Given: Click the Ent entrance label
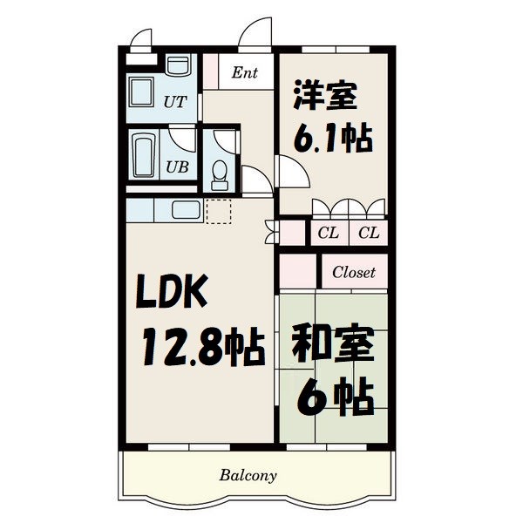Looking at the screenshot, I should [x=244, y=73].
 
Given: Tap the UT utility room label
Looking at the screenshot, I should [x=174, y=102].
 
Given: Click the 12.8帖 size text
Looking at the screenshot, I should [x=203, y=347].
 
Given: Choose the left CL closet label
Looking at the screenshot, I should [x=328, y=233].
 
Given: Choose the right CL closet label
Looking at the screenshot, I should [x=368, y=233].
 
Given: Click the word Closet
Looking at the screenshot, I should [x=353, y=272].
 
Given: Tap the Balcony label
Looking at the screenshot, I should [x=248, y=476].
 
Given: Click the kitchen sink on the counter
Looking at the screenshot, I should [x=185, y=209].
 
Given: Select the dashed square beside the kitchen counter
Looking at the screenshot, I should [x=219, y=211].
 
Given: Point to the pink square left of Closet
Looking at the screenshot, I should [x=296, y=272].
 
